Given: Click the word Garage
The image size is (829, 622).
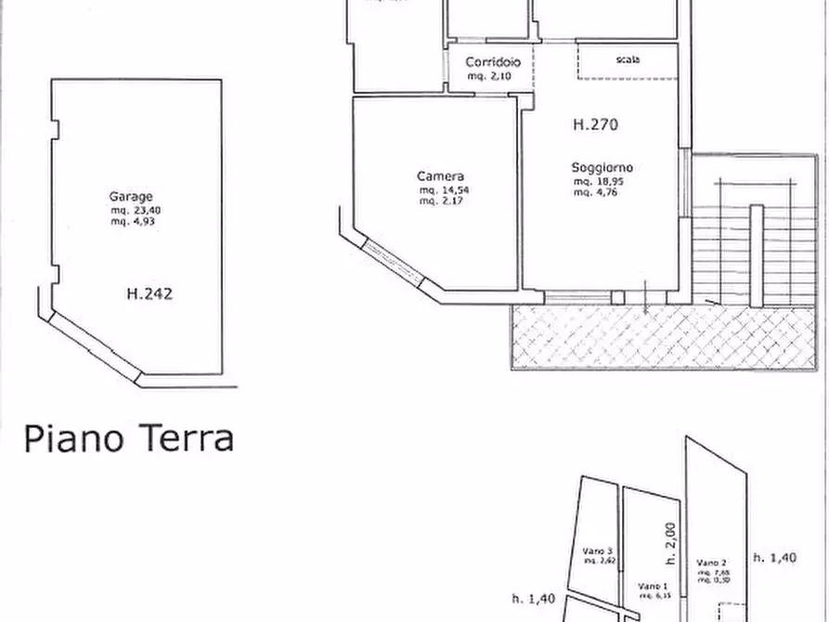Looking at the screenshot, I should (x=131, y=197).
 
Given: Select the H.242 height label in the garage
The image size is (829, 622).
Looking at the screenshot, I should (x=149, y=294).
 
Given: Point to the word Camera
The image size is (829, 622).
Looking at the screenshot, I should (x=439, y=176).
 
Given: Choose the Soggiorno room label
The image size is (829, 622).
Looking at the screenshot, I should (x=602, y=168).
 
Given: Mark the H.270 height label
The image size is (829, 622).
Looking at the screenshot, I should (x=595, y=124).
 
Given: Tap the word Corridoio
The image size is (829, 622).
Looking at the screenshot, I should (x=493, y=62).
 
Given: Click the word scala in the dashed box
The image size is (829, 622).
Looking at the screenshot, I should (x=628, y=59).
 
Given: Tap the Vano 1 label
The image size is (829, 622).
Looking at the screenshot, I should (x=654, y=586).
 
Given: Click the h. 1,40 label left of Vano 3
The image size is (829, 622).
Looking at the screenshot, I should (x=534, y=599).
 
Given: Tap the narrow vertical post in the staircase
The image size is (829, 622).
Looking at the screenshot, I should (x=757, y=255).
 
